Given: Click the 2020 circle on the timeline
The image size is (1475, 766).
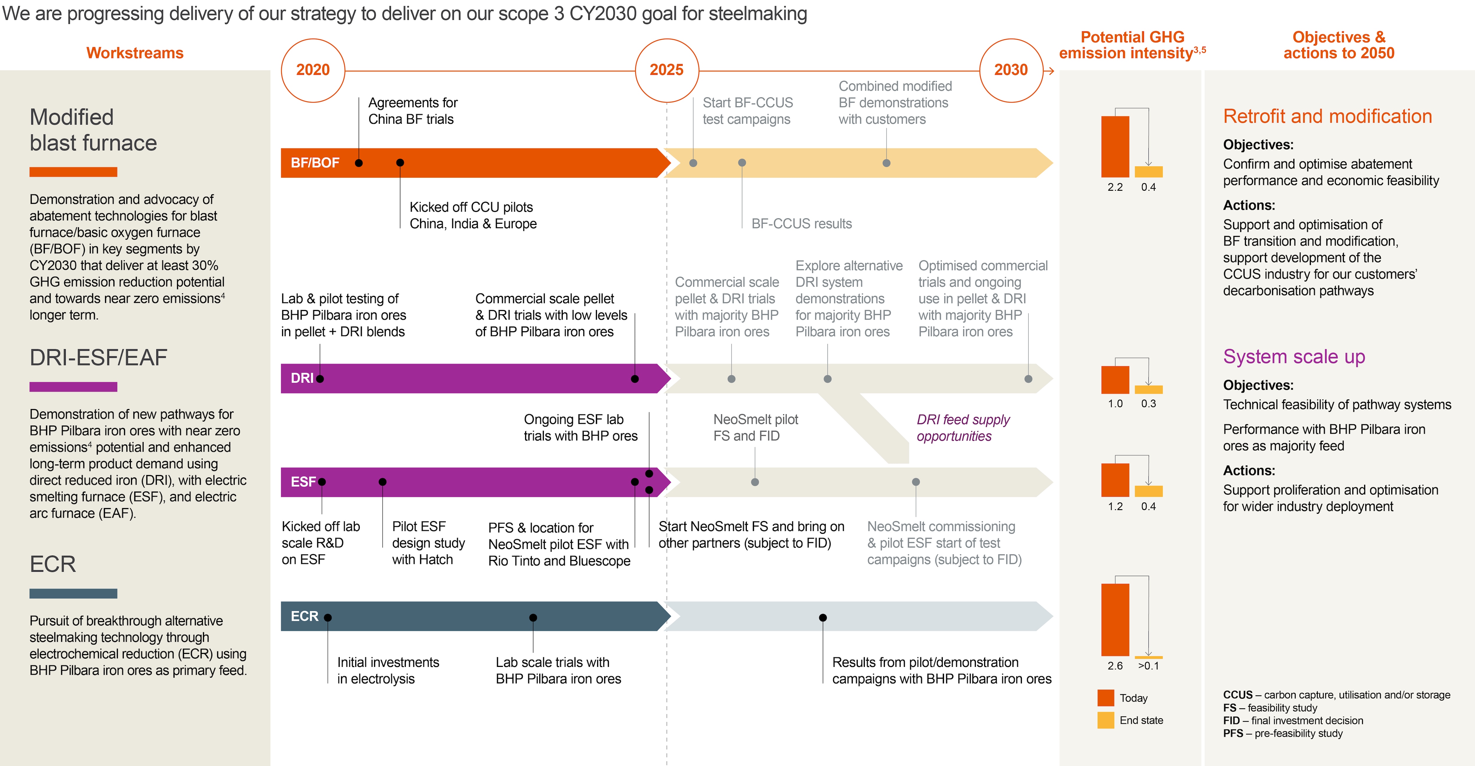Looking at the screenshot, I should click(x=313, y=70).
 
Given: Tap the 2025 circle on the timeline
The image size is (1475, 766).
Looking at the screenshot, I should click(x=666, y=70).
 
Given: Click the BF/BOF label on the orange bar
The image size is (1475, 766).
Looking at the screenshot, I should click(x=315, y=162).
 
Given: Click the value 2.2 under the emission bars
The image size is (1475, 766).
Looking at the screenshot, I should click(x=1115, y=187).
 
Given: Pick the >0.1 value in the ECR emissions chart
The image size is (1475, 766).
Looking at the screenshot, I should click(x=1148, y=666).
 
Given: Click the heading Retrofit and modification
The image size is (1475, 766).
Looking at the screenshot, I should click(x=1327, y=116).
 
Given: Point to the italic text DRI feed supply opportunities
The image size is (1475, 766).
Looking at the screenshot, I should click(x=963, y=428).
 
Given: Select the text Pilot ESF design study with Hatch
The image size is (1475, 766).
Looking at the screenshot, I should click(x=428, y=543).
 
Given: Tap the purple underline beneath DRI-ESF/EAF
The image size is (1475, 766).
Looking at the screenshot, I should click(x=73, y=387).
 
